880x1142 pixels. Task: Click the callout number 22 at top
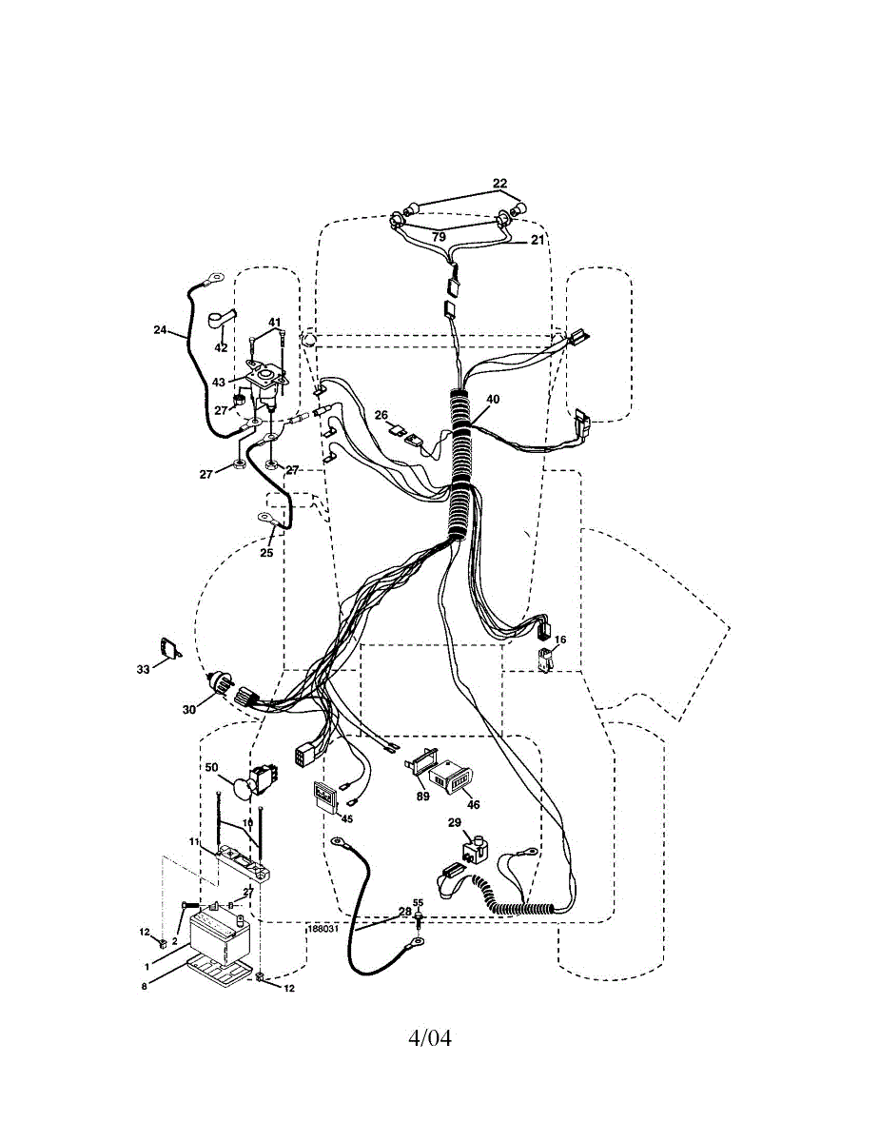point(500,183)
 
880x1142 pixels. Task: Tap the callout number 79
point(439,235)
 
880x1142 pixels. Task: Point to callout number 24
point(159,330)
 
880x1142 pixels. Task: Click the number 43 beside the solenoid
point(219,382)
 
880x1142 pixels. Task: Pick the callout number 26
point(381,415)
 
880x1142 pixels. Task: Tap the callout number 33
point(143,670)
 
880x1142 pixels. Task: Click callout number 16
point(560,640)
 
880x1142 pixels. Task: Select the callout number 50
point(211,767)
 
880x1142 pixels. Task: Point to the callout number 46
point(473,804)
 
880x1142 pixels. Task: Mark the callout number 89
point(422,797)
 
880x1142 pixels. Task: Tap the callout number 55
point(418,902)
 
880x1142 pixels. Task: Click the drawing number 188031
point(323,928)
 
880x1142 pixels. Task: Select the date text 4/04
point(430,1036)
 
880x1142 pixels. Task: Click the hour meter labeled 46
point(452,779)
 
